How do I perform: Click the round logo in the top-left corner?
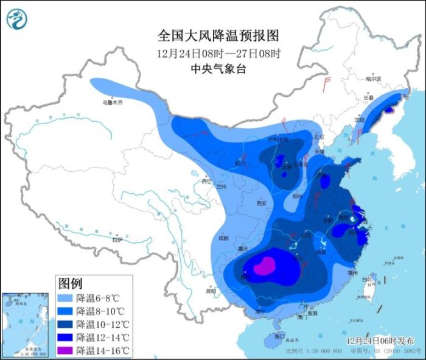coord(17,19)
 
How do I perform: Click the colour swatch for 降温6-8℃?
coord(66,298)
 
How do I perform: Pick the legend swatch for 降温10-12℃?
coord(66,324)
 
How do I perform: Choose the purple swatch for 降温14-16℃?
coord(66,350)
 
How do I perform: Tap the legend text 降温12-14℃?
coord(103,337)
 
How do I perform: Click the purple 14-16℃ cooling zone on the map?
coord(264,267)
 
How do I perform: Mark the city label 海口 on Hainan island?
coord(279,336)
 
